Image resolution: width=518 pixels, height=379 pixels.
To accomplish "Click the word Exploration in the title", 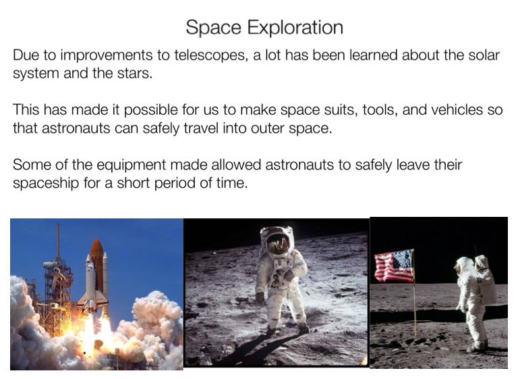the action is coord(295,28).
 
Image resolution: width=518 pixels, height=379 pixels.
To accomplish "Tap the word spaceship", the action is coord(46,183).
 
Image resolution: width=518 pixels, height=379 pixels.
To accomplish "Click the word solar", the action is coord(484,55).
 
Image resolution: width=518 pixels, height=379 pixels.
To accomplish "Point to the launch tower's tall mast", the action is coord(58,242).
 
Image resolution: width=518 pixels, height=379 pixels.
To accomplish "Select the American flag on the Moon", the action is coord(394,266).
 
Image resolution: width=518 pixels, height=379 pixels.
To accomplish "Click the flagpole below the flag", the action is coord(414,309).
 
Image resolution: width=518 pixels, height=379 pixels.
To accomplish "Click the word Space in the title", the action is coord(213,28).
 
